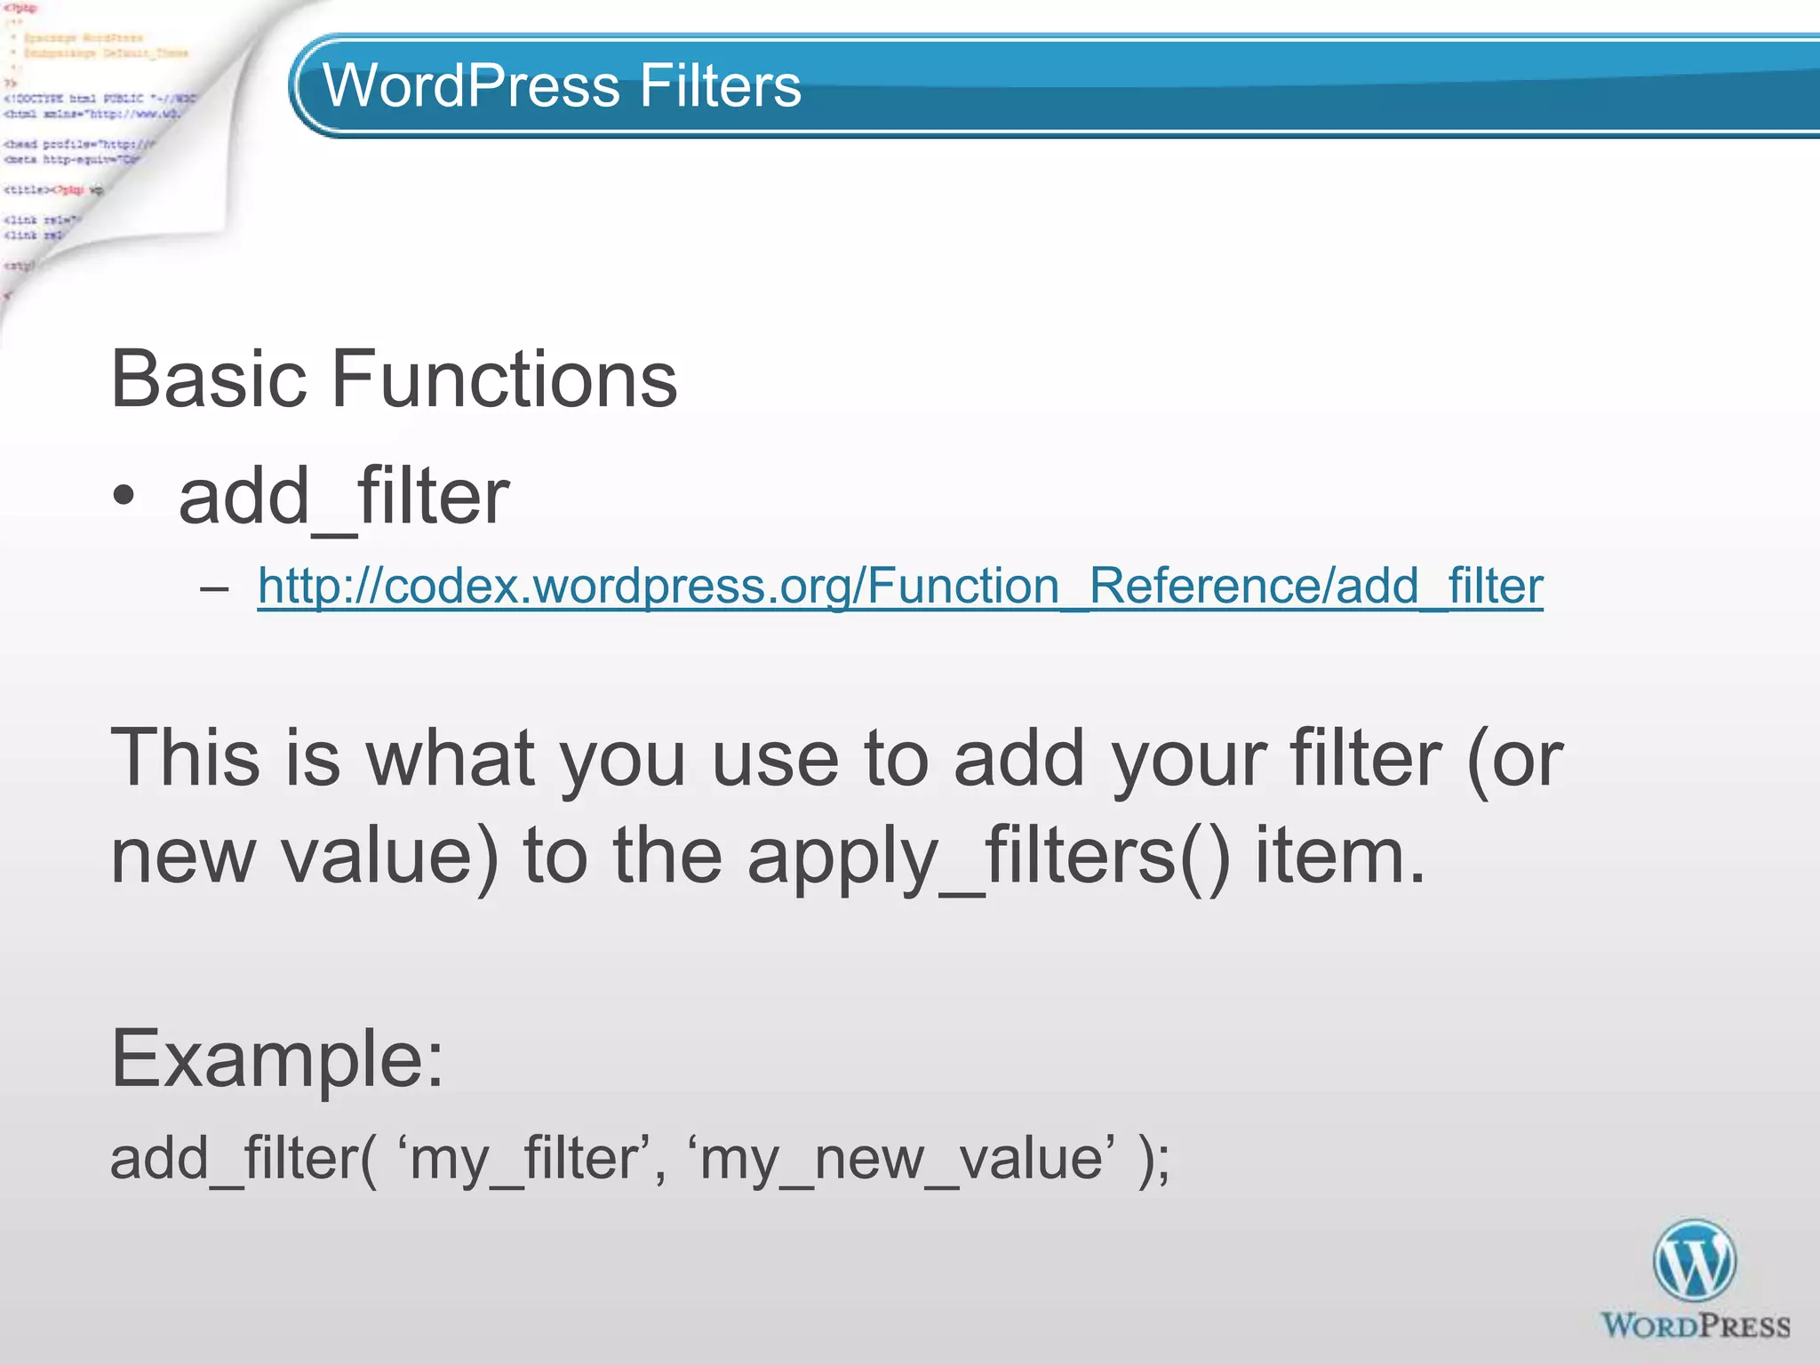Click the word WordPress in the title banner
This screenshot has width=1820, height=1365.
pos(471,86)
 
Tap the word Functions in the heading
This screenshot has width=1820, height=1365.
pos(504,379)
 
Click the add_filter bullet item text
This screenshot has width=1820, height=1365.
pos(344,497)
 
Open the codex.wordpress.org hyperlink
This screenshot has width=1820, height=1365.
pos(899,587)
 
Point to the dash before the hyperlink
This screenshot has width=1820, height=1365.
pos(214,588)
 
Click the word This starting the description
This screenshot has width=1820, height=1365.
pos(185,758)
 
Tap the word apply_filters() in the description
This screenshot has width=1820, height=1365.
pos(988,856)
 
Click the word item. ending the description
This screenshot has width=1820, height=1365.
pos(1340,856)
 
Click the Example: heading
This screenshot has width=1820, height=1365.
pos(276,1058)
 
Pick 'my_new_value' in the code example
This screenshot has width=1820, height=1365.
pos(901,1159)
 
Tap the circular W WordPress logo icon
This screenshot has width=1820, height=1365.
pos(1694,1261)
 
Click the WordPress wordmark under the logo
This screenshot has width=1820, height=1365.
pos(1695,1327)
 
